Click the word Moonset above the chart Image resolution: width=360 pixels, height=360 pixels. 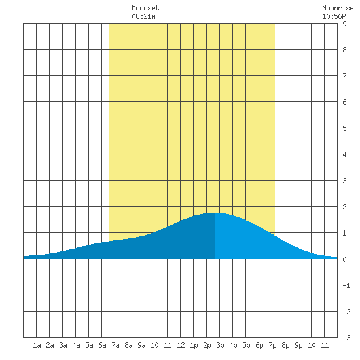(145, 8)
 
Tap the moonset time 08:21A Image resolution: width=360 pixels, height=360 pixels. (143, 16)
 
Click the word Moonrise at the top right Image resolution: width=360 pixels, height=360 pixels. (338, 8)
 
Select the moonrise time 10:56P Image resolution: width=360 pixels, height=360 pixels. (334, 16)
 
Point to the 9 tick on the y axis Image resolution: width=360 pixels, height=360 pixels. (344, 24)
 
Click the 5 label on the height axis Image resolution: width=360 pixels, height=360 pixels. (344, 128)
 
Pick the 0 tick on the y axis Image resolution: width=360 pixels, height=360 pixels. (344, 259)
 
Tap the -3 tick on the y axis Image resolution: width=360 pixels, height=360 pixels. (346, 338)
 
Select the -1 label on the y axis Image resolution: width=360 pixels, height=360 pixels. (346, 285)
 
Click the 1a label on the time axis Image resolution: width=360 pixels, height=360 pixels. (37, 345)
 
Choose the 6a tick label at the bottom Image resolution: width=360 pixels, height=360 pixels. (102, 345)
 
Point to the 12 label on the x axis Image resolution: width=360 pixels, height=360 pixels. (181, 345)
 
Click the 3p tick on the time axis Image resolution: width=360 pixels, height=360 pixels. (220, 345)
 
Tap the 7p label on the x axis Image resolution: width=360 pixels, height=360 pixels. (272, 345)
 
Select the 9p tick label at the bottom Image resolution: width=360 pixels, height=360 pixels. (298, 345)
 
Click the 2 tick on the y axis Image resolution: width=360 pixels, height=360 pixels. (344, 207)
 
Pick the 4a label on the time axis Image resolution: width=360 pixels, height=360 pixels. (76, 345)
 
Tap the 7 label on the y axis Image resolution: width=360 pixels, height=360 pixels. (344, 76)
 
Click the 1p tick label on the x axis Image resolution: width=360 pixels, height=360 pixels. (194, 345)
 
